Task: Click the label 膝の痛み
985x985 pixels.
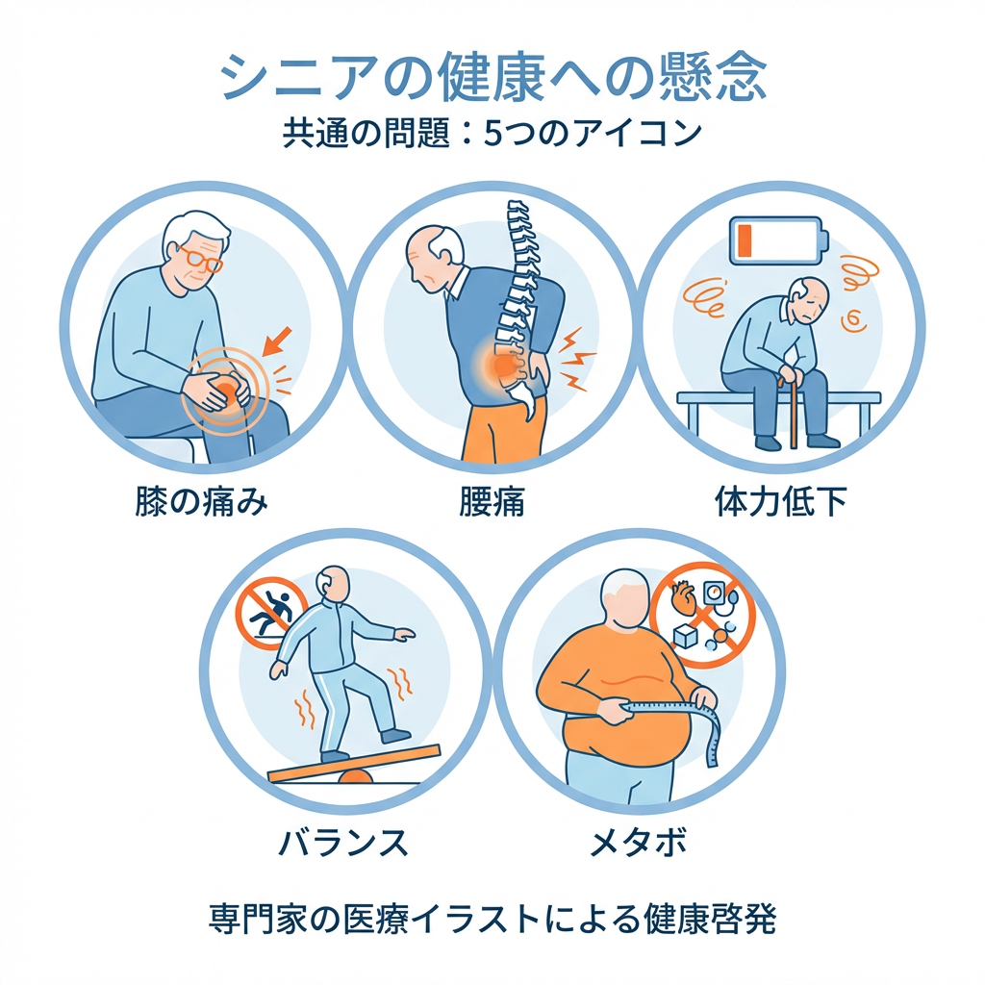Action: click(x=202, y=502)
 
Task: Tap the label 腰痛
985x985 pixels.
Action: click(x=492, y=502)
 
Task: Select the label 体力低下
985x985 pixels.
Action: click(x=781, y=502)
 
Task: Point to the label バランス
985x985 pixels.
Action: click(x=343, y=843)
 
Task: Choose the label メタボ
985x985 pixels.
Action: click(x=639, y=843)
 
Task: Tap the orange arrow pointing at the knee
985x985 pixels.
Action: click(x=277, y=341)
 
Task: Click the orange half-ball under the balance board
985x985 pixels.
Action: click(x=356, y=776)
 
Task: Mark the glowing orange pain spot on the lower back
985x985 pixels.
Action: click(x=503, y=365)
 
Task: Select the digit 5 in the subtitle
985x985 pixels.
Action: click(x=492, y=133)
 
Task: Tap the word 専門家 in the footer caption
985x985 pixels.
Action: click(x=258, y=919)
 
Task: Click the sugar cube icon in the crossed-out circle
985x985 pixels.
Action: click(x=685, y=637)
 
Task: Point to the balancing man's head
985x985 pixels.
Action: click(x=334, y=583)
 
